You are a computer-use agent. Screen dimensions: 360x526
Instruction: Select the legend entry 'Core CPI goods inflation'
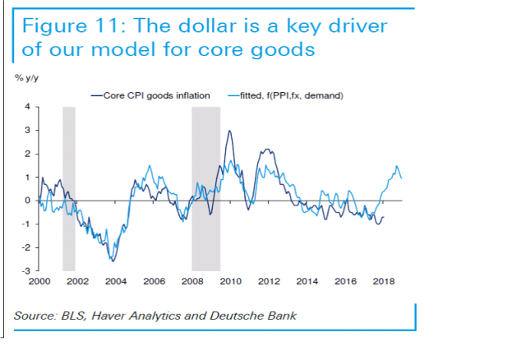point(156,95)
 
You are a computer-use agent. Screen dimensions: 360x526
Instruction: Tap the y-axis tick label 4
point(26,107)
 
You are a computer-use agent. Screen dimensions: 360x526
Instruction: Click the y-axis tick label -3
point(25,270)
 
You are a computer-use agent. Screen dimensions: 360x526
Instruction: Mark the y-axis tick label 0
point(26,201)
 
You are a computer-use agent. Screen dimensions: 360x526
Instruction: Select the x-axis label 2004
point(115,281)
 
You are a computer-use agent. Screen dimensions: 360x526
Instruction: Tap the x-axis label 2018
point(383,281)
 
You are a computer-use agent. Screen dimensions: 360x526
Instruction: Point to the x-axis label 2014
point(307,281)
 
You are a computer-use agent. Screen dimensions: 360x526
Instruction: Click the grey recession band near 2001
point(69,188)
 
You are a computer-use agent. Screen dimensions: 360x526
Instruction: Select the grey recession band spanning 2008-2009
point(205,188)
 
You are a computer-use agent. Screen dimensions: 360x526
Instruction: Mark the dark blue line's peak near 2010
point(228,131)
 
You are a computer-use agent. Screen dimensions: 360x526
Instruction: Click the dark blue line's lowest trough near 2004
point(113,261)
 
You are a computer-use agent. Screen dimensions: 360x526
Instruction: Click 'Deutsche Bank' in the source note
point(257,316)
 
